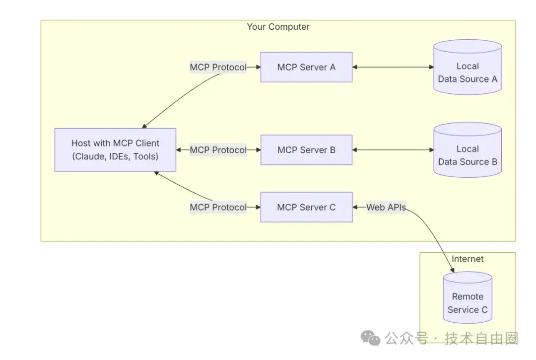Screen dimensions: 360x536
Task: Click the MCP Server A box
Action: tap(306, 67)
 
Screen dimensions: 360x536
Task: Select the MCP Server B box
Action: tap(306, 150)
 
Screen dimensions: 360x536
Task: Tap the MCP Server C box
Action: tap(306, 207)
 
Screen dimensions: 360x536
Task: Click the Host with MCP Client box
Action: tap(115, 149)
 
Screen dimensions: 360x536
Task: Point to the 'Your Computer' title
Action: tap(278, 27)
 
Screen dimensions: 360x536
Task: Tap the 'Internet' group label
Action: tap(468, 259)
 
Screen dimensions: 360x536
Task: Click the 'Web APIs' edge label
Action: tap(386, 208)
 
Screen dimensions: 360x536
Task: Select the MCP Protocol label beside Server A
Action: tap(218, 67)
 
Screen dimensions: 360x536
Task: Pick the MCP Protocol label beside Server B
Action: tap(218, 150)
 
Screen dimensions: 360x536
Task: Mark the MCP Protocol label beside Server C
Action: tap(218, 208)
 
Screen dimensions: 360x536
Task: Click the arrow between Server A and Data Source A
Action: tap(392, 67)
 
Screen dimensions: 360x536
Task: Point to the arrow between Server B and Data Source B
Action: tap(392, 150)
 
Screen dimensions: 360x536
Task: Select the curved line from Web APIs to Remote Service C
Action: tap(434, 233)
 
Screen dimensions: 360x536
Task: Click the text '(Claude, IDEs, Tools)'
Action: tap(115, 156)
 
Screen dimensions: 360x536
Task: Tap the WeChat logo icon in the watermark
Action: tap(371, 339)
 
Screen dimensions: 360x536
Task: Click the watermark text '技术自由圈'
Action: tap(481, 339)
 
